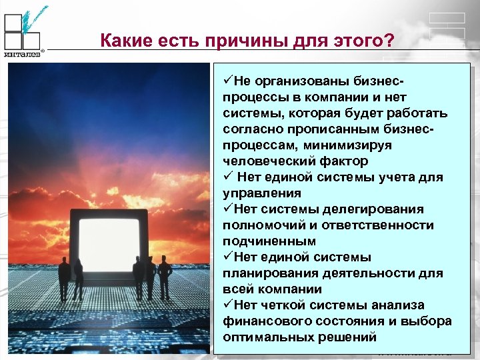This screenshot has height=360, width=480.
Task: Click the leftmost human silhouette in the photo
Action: coord(64,276)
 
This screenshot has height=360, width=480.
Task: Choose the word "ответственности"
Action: coord(379,225)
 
